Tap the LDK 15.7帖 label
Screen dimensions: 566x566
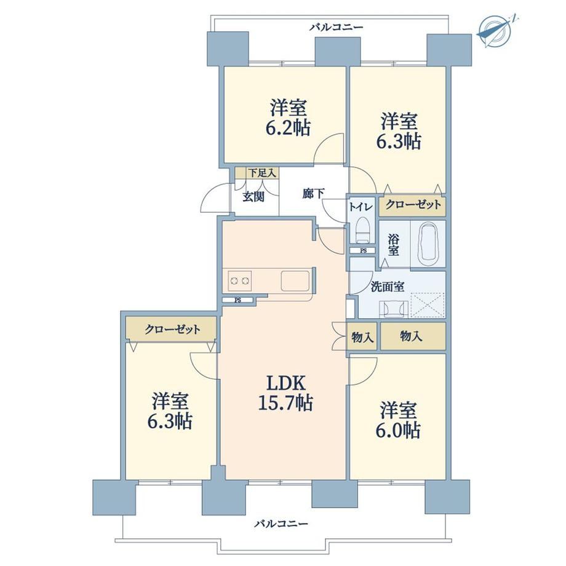point(285,393)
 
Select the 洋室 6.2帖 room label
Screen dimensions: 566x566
point(288,118)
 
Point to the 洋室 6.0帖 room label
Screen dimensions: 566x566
point(398,420)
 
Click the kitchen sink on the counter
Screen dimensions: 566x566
point(295,281)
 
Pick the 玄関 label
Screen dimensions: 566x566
point(253,197)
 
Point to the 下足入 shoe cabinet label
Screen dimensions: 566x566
point(262,173)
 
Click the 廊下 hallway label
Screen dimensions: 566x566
point(313,194)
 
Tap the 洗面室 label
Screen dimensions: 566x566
point(388,287)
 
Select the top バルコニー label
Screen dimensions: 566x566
point(336,27)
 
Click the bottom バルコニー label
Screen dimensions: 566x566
point(282,523)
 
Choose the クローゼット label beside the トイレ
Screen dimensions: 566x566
point(413,205)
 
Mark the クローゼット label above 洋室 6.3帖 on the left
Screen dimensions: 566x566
point(172,329)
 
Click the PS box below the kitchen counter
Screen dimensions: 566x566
point(238,300)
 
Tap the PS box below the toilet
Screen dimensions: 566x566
point(363,250)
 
